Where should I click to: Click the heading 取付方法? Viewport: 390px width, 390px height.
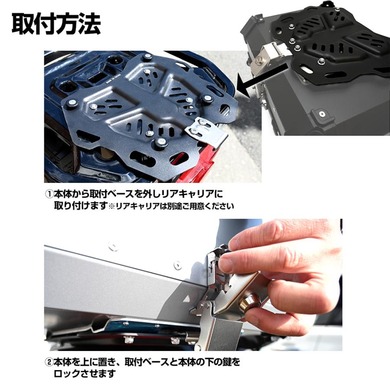coord(56,24)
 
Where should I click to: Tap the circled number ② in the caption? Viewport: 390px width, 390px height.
coord(49,361)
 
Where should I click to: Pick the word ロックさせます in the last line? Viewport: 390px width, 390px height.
coord(84,373)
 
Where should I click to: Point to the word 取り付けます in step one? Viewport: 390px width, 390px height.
coord(80,206)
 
